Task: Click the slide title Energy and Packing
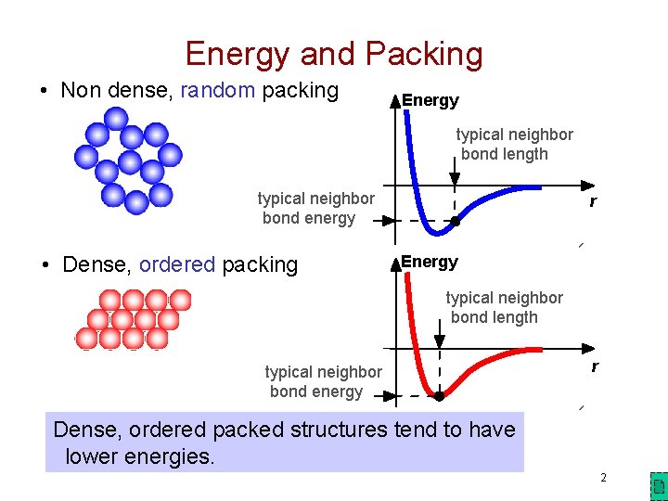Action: click(334, 54)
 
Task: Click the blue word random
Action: click(218, 90)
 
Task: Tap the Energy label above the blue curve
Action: click(430, 100)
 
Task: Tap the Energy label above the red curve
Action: click(430, 263)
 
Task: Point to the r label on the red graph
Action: click(595, 366)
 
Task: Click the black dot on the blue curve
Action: click(456, 221)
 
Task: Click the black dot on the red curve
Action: click(439, 395)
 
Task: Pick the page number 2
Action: click(603, 478)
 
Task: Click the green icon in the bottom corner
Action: click(657, 486)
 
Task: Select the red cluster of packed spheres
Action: click(134, 319)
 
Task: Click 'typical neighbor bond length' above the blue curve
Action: click(514, 144)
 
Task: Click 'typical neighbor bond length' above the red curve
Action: click(504, 307)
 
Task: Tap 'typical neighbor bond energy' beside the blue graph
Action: click(315, 208)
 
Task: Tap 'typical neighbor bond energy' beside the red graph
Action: click(322, 381)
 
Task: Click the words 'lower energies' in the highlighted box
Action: click(140, 456)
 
